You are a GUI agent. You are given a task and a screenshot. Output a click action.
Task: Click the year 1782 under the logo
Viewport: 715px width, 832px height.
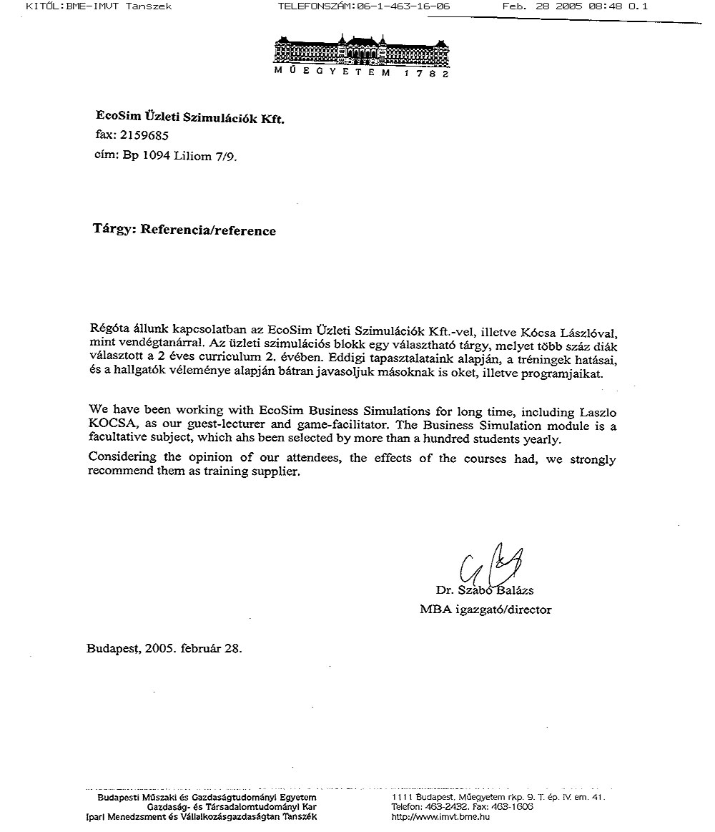click(425, 74)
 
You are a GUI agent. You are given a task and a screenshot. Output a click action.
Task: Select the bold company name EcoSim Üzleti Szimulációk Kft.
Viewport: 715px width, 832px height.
click(190, 116)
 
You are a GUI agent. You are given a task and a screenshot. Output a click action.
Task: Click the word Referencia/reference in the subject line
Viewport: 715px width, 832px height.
click(207, 230)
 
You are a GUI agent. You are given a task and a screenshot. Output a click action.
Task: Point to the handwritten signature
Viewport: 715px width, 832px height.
click(486, 567)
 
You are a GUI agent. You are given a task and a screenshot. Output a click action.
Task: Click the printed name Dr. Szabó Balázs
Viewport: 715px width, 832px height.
click(485, 591)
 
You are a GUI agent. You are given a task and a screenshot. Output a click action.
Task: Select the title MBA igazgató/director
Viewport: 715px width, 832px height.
click(485, 610)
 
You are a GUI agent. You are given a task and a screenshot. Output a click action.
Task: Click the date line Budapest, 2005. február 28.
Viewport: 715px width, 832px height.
click(164, 649)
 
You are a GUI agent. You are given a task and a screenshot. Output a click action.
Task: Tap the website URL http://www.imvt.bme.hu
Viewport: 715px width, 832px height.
click(440, 817)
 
